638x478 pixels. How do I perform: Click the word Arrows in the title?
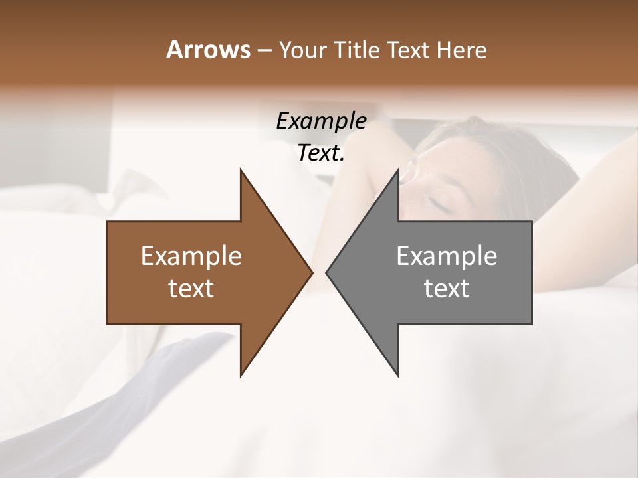coord(208,50)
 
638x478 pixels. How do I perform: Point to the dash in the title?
coord(264,50)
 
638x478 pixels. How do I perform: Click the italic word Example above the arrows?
coord(321,121)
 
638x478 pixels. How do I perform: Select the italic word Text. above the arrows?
coord(321,153)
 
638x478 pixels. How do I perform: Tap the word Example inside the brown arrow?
coord(191,256)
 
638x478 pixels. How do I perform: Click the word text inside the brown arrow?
coord(191,288)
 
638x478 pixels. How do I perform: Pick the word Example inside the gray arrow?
coord(447,256)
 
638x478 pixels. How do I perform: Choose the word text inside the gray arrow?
coord(447,288)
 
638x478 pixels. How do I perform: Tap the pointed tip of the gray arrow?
coord(328,272)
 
